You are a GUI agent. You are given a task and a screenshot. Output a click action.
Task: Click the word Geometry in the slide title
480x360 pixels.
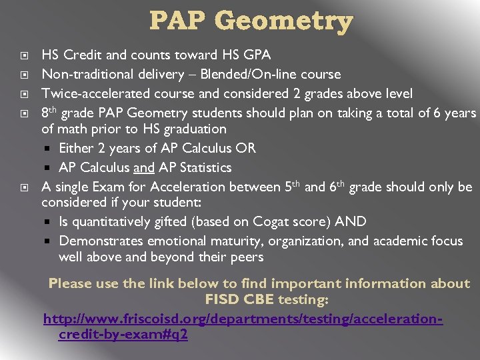(x=292, y=22)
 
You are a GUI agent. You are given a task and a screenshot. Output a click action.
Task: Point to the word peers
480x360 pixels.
(x=245, y=257)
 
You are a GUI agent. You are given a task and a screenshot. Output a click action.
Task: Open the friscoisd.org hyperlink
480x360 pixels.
(x=243, y=319)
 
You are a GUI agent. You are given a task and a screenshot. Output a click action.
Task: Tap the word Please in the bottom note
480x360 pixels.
(x=71, y=283)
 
